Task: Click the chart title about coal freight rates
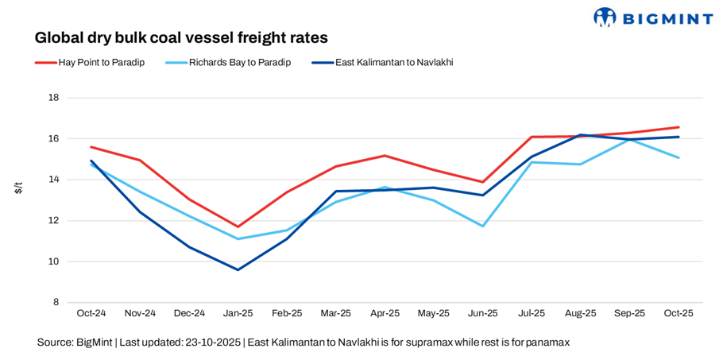pos(181,37)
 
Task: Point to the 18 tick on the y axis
pos(54,98)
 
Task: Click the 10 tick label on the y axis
pos(54,261)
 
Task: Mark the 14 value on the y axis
pos(54,180)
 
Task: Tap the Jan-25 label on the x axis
pos(238,313)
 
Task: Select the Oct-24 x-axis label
pos(91,313)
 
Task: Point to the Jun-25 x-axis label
pos(482,313)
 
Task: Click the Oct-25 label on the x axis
pos(678,313)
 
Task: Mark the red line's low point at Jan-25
pos(238,226)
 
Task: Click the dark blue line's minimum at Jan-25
pos(238,269)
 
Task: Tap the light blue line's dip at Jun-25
pos(482,226)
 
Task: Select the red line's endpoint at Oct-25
pos(678,127)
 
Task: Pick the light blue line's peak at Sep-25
pos(629,139)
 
